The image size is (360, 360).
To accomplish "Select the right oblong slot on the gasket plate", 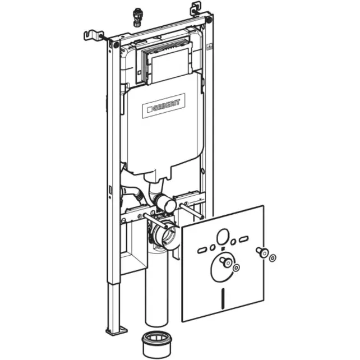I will (244, 241).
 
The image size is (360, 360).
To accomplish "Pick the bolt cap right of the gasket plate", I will (261, 252).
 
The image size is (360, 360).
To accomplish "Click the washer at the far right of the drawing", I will (273, 257).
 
